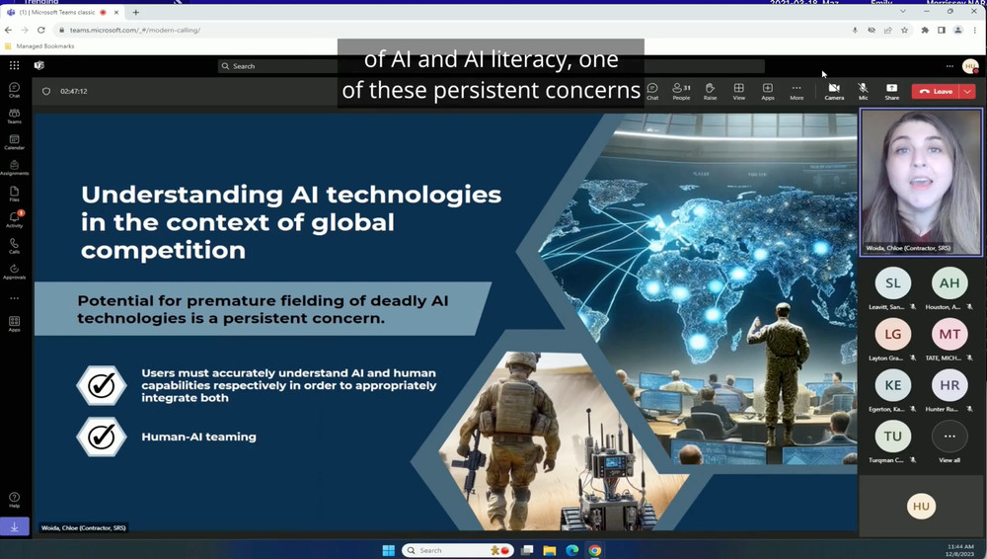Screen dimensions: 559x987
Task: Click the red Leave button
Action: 936,91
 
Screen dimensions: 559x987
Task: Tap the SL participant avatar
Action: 892,282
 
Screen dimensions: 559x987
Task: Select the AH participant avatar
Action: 949,282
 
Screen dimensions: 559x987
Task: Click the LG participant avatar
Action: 892,334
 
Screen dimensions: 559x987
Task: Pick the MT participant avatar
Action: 949,334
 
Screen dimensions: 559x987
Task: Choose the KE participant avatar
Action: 892,385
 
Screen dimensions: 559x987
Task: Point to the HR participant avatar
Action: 949,385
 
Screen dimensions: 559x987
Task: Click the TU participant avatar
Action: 892,436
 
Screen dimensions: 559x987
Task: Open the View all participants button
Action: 949,436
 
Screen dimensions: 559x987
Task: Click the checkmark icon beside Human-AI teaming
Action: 102,437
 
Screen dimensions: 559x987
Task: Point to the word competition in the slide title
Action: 163,250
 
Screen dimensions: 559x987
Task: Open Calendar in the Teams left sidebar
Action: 14,141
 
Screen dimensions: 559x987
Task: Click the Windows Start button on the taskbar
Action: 388,550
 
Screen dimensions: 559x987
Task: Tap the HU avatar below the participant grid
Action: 921,506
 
